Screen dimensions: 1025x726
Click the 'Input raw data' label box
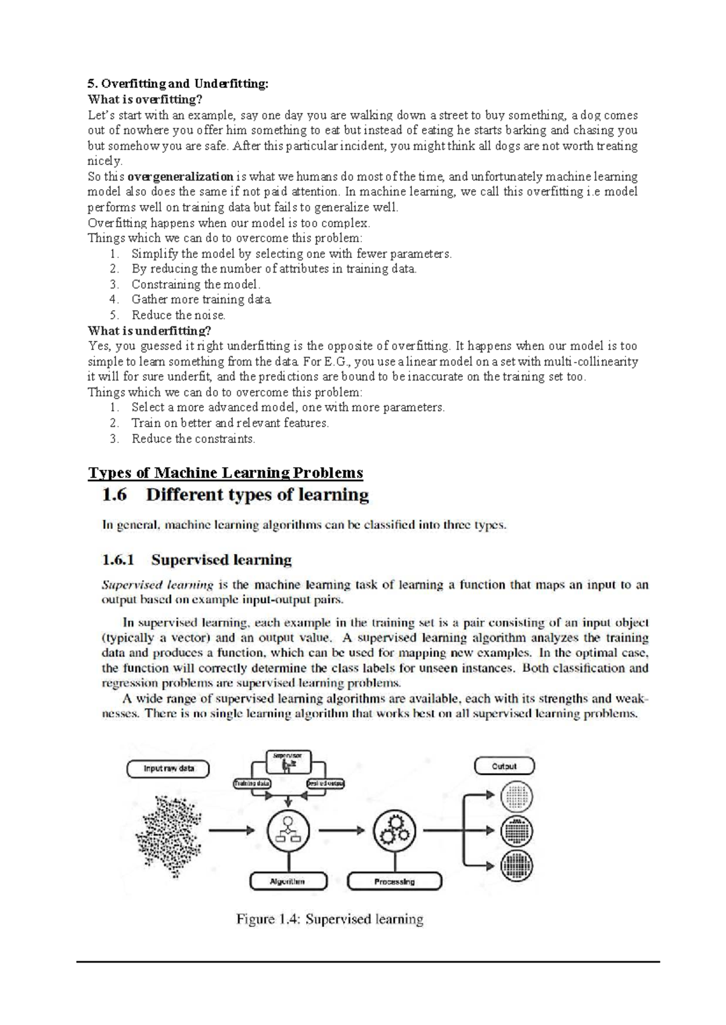(168, 769)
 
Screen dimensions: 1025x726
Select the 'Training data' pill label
(253, 784)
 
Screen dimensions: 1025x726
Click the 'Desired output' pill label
(325, 784)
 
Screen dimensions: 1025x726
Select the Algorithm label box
(288, 882)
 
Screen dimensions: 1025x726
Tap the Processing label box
(394, 882)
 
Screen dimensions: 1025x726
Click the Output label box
(504, 766)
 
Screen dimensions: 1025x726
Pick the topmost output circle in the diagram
(517, 796)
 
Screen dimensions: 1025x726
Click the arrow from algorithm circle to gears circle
(342, 830)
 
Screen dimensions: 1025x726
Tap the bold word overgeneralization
(180, 177)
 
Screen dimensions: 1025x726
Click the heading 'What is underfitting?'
(149, 331)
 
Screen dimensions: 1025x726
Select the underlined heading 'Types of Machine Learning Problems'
(226, 473)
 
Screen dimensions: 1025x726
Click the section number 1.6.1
(117, 560)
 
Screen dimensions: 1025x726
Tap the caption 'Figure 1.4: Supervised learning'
(330, 919)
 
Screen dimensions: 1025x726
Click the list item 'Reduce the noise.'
(178, 315)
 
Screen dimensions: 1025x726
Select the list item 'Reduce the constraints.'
(194, 439)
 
